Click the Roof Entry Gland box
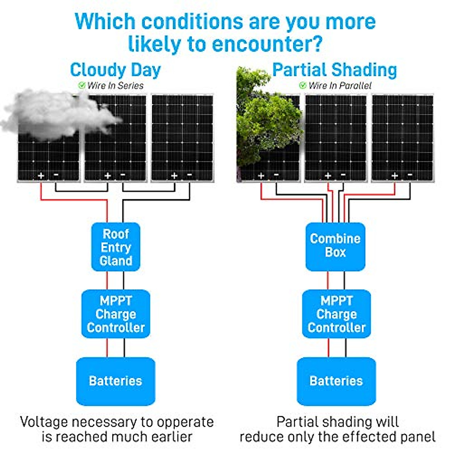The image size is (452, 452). click(x=116, y=247)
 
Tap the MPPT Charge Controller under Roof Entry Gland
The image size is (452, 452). click(x=116, y=314)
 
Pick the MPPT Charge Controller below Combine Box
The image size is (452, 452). click(x=336, y=314)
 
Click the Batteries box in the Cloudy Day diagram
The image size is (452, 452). click(x=116, y=381)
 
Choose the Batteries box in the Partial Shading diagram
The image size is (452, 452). click(x=336, y=381)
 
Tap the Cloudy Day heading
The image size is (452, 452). click(x=115, y=70)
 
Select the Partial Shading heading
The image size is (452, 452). click(x=334, y=70)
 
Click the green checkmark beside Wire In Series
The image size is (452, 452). click(x=82, y=86)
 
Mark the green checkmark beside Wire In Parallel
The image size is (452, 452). click(x=302, y=86)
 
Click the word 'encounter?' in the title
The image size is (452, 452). click(x=267, y=44)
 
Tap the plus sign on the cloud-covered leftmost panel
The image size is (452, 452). click(x=41, y=176)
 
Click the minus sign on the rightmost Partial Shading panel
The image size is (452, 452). click(x=410, y=175)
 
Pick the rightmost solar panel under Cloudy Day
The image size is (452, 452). click(x=182, y=138)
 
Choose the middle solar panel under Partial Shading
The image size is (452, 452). click(x=335, y=138)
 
